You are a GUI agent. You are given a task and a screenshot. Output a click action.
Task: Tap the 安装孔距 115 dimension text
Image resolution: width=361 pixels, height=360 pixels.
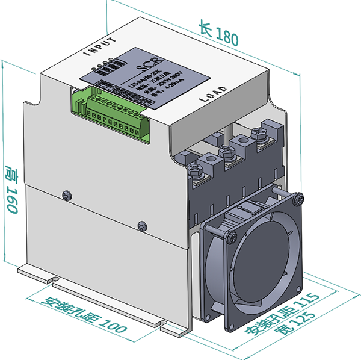282,315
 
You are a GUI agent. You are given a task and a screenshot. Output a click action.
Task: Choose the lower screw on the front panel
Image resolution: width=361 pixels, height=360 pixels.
141,225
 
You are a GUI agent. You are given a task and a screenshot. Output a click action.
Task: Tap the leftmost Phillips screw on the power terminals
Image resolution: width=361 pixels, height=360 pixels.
196,170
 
